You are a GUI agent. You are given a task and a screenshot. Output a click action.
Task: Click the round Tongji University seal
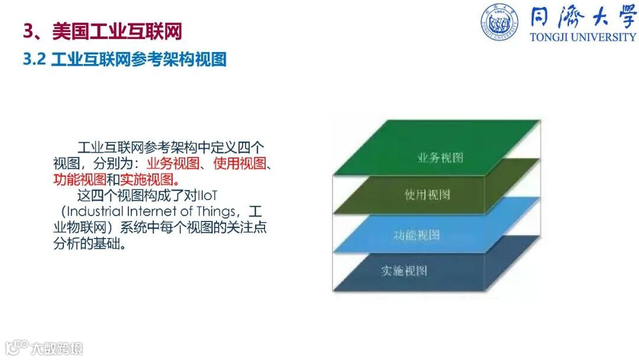(x=499, y=22)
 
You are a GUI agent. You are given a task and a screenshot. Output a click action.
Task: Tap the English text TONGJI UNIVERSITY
(x=583, y=37)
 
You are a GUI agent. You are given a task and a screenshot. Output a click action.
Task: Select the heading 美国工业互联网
(x=117, y=31)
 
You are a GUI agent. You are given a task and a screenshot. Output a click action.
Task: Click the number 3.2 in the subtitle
(x=34, y=59)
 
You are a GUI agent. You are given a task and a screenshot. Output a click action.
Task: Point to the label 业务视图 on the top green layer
(x=440, y=157)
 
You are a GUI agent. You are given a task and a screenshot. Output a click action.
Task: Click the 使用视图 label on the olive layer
(x=427, y=194)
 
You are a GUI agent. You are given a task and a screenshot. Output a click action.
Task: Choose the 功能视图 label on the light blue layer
(x=417, y=235)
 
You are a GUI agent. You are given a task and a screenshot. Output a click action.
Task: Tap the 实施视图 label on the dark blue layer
(x=404, y=271)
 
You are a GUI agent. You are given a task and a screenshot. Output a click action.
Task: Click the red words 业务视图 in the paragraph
(x=173, y=163)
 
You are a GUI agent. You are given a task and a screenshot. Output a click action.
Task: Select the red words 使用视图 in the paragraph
(x=240, y=163)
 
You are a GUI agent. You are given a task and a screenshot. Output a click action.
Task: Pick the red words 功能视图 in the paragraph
(x=80, y=179)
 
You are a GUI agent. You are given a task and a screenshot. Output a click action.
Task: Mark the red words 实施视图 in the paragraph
(x=147, y=179)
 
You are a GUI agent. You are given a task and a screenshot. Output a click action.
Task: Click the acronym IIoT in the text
(x=207, y=196)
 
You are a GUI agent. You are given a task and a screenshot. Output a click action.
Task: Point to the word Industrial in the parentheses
(x=95, y=211)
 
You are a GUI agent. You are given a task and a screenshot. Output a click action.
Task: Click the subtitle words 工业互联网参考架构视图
(x=138, y=60)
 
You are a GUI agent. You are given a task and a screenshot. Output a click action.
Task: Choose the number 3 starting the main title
(x=28, y=31)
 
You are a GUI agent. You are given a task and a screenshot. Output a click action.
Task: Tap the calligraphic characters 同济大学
(x=583, y=17)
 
